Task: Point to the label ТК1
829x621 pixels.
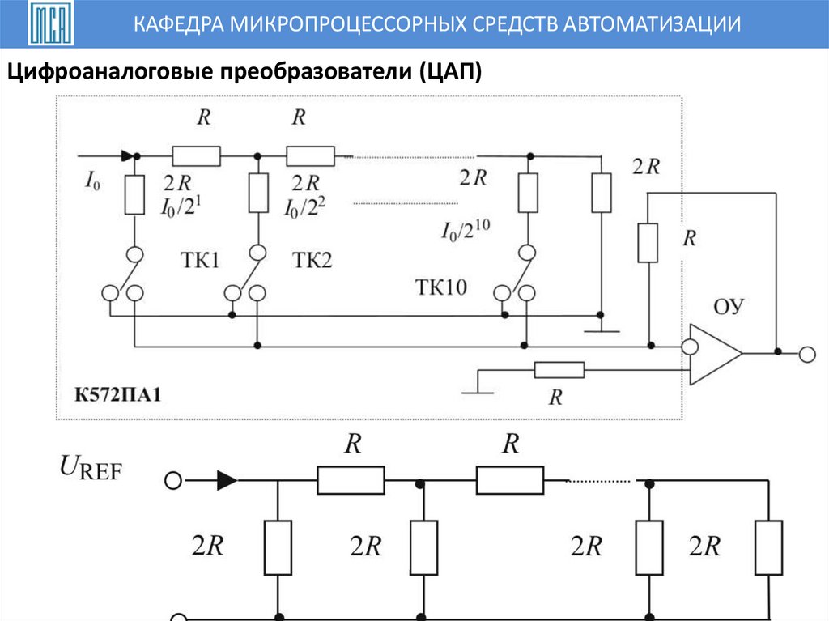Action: (x=200, y=260)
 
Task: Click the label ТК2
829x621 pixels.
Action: (x=312, y=260)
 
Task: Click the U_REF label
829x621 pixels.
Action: (x=90, y=467)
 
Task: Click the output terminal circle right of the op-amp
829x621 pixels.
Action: (x=806, y=354)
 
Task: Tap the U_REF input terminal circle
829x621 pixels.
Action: (x=172, y=481)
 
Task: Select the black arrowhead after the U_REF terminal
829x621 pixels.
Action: (x=227, y=481)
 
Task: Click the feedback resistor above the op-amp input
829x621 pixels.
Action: (x=648, y=242)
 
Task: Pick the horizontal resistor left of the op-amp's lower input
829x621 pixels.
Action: (x=559, y=371)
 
